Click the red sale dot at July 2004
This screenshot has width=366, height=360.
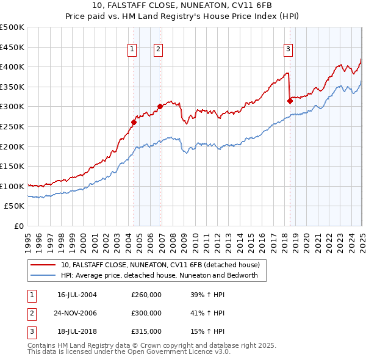134,122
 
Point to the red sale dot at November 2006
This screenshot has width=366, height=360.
160,106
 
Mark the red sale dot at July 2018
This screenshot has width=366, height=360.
290,101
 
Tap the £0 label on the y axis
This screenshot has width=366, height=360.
19,226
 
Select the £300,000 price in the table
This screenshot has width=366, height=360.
146,313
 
